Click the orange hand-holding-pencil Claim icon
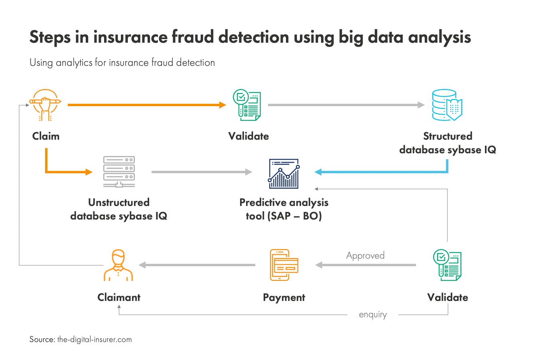pos(45,105)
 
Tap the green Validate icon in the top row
pos(247,105)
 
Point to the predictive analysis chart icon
pos(284,174)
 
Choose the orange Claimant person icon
pos(118,265)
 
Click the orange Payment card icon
pos(284,265)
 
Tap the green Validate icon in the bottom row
pos(447,265)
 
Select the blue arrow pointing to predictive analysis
pos(379,172)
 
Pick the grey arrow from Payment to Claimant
pos(197,265)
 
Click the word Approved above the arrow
pos(365,255)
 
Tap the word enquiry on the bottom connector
pos(373,315)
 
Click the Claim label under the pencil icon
pos(46,136)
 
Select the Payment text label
pos(284,298)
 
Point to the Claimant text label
pos(119,297)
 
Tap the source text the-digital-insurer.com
pos(95,340)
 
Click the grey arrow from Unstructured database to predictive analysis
pos(202,172)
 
